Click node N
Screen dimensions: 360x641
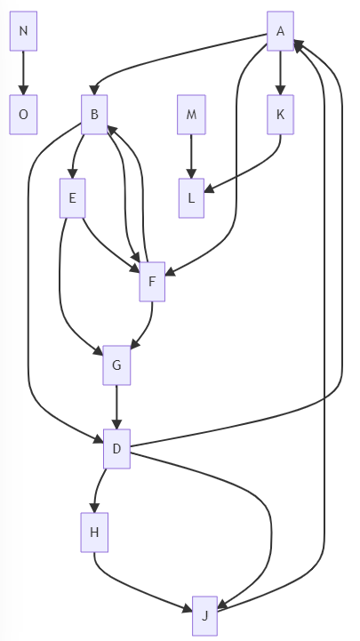[x=23, y=31]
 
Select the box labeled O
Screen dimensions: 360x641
[x=23, y=115]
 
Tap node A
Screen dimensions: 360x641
[x=280, y=31]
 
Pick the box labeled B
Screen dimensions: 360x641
[x=94, y=115]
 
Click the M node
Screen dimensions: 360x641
[x=191, y=115]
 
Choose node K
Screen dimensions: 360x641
[x=280, y=115]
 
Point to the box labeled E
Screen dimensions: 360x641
[x=73, y=198]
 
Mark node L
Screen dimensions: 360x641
[x=191, y=198]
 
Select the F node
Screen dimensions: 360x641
[x=152, y=282]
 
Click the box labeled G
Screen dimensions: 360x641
[x=116, y=365]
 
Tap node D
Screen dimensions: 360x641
[x=116, y=448]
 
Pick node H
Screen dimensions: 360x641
[x=94, y=533]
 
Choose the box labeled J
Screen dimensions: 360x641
[x=204, y=615]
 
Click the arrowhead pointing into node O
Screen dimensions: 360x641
[x=23, y=91]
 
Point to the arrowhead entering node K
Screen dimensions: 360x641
[x=280, y=91]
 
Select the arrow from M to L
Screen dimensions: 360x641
[x=191, y=156]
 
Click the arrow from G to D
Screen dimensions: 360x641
[x=116, y=407]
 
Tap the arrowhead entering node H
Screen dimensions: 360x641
[x=94, y=509]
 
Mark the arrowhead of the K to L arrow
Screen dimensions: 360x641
[x=209, y=188]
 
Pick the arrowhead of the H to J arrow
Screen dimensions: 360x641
[x=188, y=609]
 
